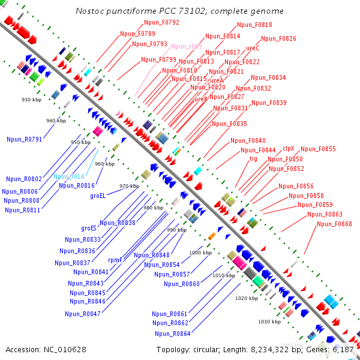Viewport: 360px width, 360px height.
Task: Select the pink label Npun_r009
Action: (x=187, y=46)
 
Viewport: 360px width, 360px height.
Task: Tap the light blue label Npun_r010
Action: (x=69, y=176)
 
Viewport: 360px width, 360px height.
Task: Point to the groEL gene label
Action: (x=98, y=196)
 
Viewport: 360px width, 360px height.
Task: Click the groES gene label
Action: (x=89, y=228)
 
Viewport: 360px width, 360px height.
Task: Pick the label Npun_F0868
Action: (x=334, y=224)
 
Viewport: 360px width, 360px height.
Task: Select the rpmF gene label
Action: (x=115, y=260)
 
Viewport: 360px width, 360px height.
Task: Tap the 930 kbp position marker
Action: (x=31, y=100)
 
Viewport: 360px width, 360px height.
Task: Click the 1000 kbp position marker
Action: (x=200, y=253)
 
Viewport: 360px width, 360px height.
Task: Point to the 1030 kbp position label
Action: (x=269, y=322)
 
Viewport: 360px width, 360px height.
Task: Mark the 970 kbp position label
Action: (x=129, y=186)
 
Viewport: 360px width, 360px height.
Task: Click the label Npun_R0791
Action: (x=24, y=139)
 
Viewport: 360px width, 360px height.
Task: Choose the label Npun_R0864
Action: (x=172, y=334)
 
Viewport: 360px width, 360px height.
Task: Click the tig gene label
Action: (x=253, y=158)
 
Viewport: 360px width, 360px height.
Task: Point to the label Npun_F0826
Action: (x=278, y=38)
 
